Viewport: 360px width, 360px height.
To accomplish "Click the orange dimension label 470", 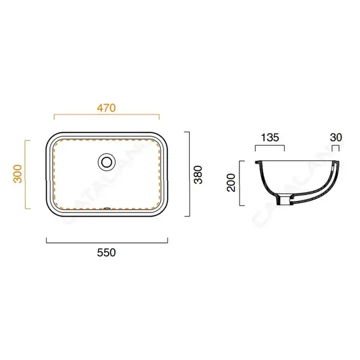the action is (x=106, y=108).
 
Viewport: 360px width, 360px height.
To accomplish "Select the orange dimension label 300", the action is (x=18, y=174).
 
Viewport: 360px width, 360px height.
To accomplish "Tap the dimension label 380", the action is (x=198, y=175).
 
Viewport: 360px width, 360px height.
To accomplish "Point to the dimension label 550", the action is (x=106, y=253).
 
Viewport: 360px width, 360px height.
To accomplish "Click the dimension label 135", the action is (x=270, y=137).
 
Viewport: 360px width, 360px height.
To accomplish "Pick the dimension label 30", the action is (x=336, y=137).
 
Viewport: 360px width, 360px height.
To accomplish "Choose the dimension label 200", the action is (x=231, y=182).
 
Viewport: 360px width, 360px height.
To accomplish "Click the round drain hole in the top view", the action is (x=106, y=162).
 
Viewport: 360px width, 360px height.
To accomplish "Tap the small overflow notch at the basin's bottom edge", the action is (x=107, y=208).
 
